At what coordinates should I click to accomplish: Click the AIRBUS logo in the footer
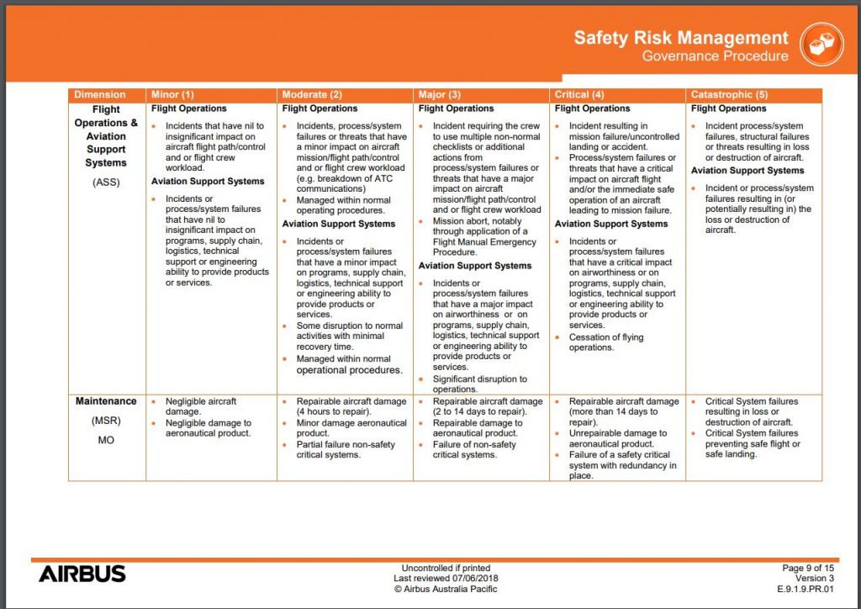[x=82, y=574]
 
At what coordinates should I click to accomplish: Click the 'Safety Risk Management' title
[x=681, y=38]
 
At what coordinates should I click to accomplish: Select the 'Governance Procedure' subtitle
[x=715, y=56]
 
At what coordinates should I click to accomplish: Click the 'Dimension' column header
[x=99, y=95]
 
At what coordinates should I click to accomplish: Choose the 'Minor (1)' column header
[x=172, y=95]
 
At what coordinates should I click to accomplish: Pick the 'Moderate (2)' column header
[x=312, y=95]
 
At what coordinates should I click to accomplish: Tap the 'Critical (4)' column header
[x=579, y=95]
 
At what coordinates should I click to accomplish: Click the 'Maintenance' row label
[x=106, y=402]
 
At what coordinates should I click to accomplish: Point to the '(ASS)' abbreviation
[x=106, y=181]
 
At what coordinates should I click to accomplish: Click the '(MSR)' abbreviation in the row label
[x=106, y=421]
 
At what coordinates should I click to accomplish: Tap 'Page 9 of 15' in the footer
[x=807, y=569]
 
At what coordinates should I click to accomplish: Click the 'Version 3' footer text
[x=815, y=579]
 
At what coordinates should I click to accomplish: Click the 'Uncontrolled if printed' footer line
[x=446, y=569]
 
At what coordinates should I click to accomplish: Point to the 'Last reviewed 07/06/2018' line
[x=446, y=579]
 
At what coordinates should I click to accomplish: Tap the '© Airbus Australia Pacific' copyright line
[x=446, y=589]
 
